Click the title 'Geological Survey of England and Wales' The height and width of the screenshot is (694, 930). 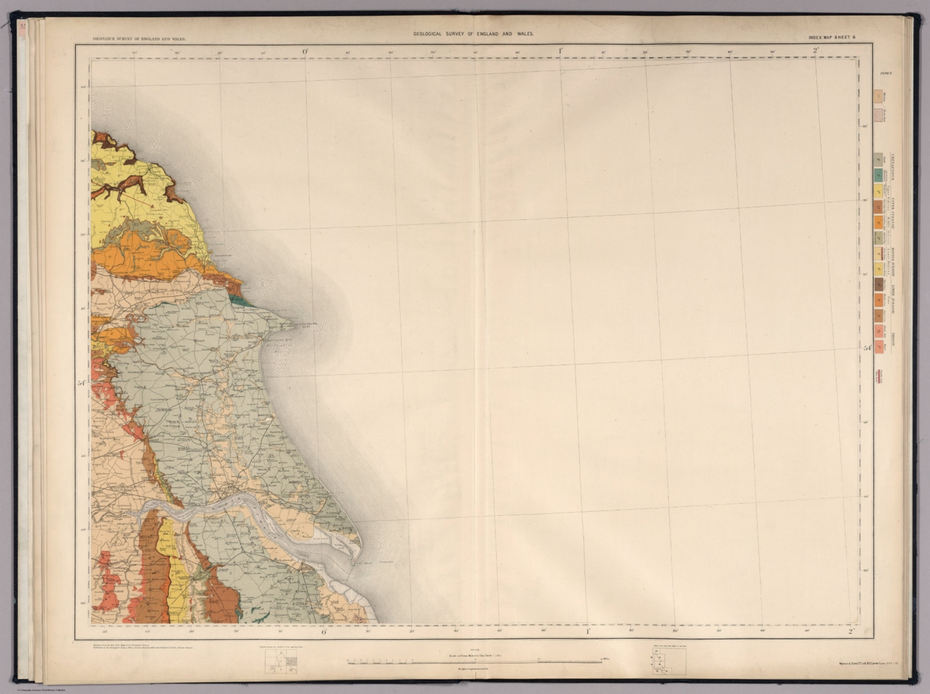coord(473,34)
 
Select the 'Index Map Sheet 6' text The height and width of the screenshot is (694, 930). coord(833,38)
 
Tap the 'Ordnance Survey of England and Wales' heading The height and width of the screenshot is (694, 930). coord(139,38)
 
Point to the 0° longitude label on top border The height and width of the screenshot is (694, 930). coord(306,51)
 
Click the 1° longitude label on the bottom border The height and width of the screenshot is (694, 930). coord(587,632)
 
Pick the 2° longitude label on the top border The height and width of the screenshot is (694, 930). coord(816,51)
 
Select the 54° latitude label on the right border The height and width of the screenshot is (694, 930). coord(867,348)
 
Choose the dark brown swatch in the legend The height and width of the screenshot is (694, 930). coord(877,283)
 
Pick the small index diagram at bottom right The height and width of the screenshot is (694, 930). coord(669,663)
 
